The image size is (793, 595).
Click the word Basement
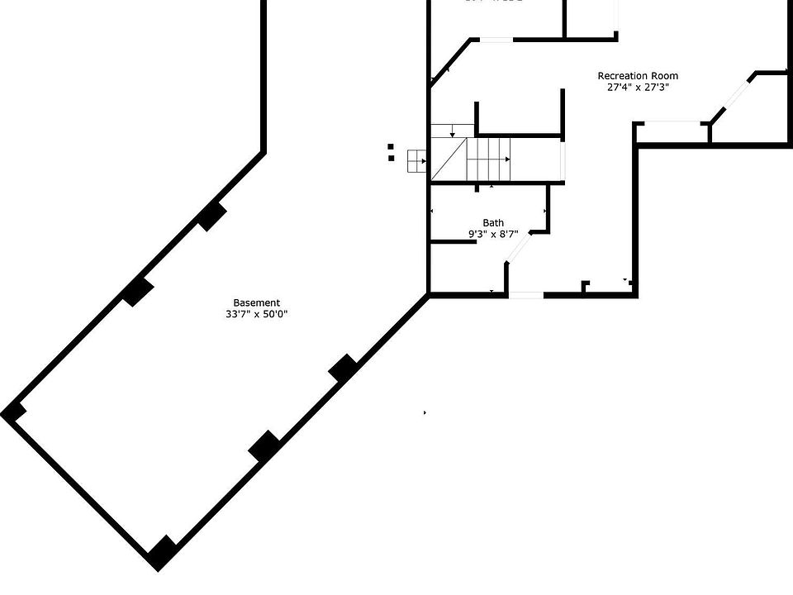256,303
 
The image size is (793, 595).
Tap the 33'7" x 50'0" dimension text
256,314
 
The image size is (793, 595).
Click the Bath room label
493,223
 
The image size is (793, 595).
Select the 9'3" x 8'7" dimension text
493,235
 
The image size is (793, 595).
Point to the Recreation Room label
638,76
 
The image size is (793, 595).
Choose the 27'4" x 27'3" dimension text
638,87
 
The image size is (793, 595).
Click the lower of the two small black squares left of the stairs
391,157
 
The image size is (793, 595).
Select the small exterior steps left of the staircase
415,161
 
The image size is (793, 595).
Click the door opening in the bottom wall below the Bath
526,294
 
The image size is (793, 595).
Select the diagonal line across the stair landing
449,159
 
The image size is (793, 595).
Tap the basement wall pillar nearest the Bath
343,368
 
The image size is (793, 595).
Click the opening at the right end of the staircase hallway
563,159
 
